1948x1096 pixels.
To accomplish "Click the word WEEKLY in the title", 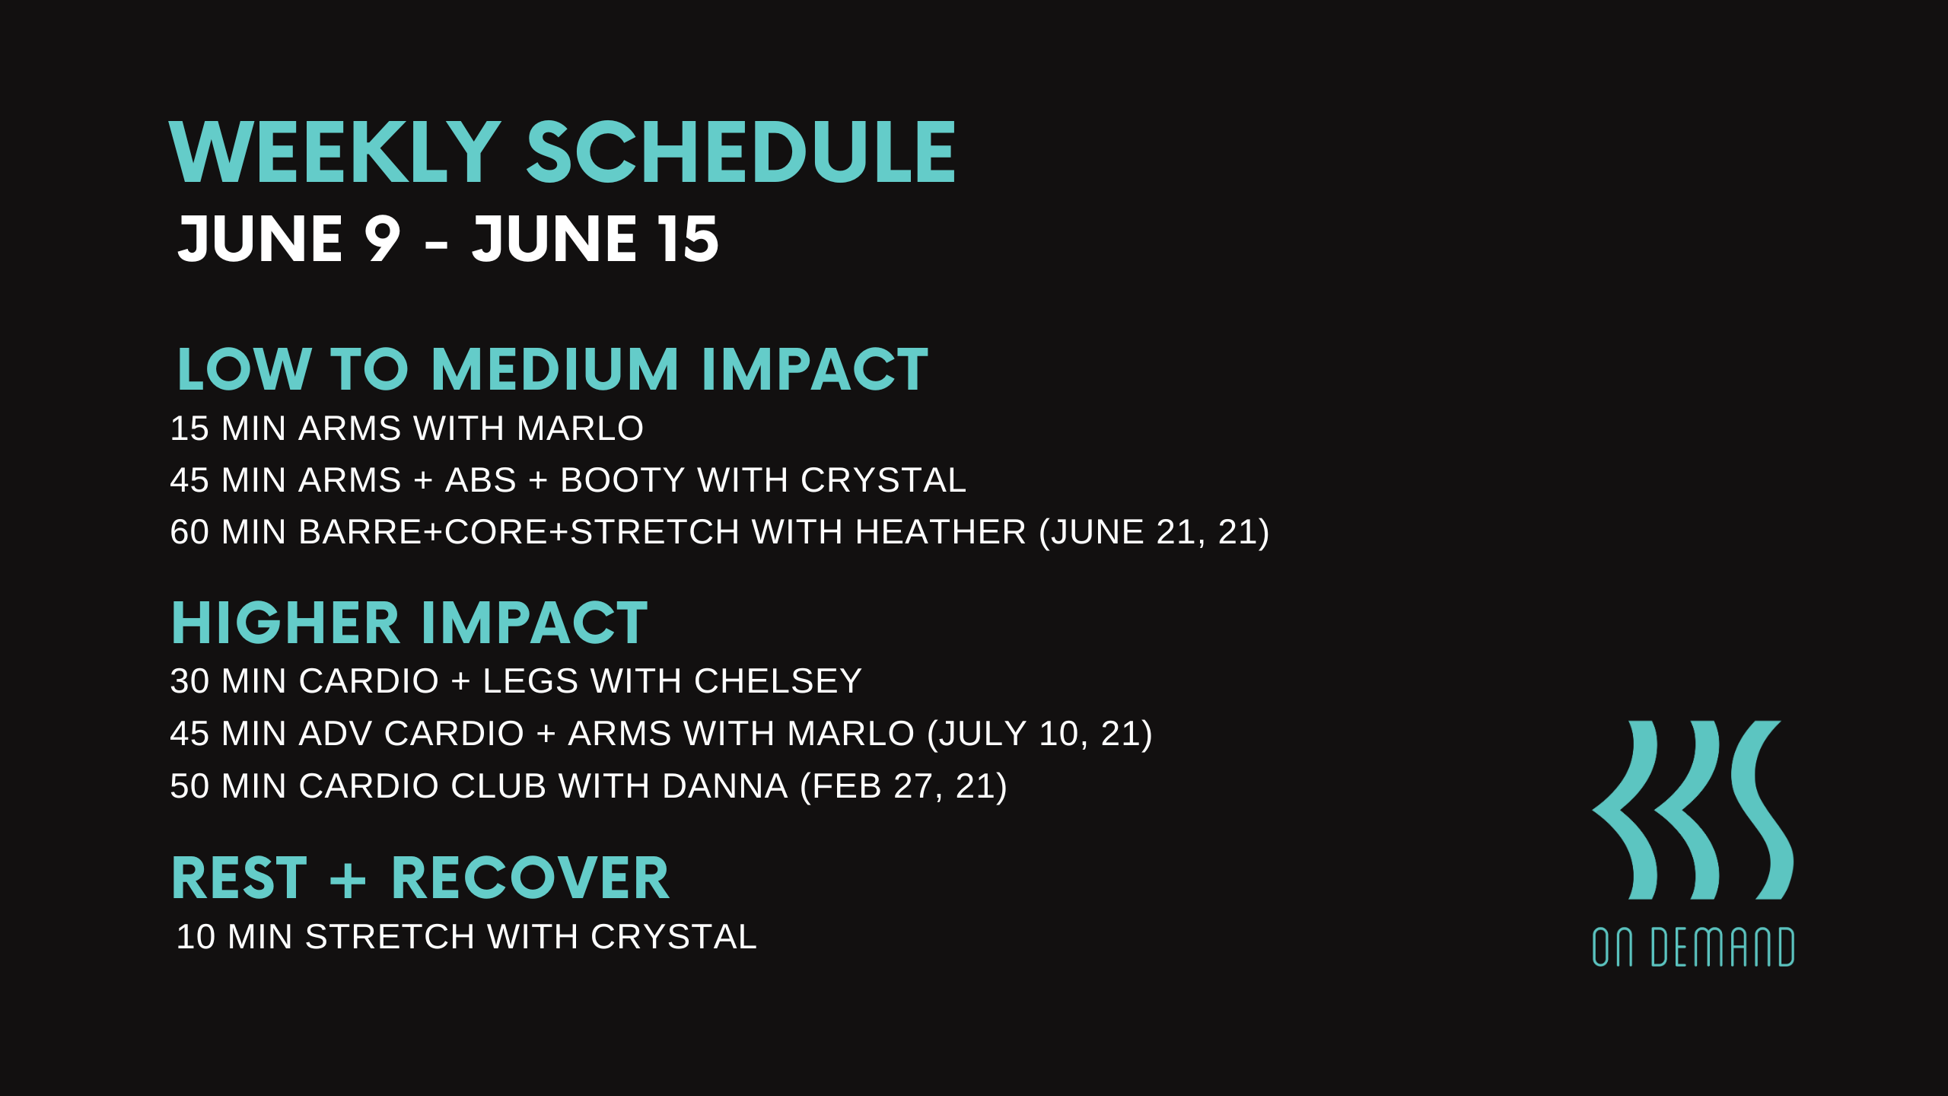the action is pos(335,153).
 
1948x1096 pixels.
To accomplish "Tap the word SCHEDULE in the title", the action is pos(741,153).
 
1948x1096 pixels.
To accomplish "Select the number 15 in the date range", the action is pos(689,239).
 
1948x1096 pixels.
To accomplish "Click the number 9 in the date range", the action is pos(382,239).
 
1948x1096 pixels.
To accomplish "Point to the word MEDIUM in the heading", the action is pos(555,370).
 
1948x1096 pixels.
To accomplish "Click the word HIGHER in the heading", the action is pos(285,623).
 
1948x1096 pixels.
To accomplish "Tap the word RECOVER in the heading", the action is pos(530,878).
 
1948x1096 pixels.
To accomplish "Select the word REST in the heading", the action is pos(239,878).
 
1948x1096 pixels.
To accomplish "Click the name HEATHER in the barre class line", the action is pos(941,532).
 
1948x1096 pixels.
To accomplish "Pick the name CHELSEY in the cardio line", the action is pos(778,681).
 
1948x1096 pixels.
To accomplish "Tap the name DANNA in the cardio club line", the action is pos(725,786).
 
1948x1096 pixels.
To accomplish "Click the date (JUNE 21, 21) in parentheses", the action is pos(1154,532).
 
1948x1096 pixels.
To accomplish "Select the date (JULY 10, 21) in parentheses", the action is pos(1039,734).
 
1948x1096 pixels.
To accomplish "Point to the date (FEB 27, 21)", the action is pos(904,786).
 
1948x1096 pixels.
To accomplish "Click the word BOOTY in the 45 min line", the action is pos(623,480).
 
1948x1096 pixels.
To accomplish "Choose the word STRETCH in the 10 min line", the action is pos(390,937).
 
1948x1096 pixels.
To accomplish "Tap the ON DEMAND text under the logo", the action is pos(1693,947).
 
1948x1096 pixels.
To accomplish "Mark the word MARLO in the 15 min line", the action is pos(581,429).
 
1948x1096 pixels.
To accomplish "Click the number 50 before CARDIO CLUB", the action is pos(189,786).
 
